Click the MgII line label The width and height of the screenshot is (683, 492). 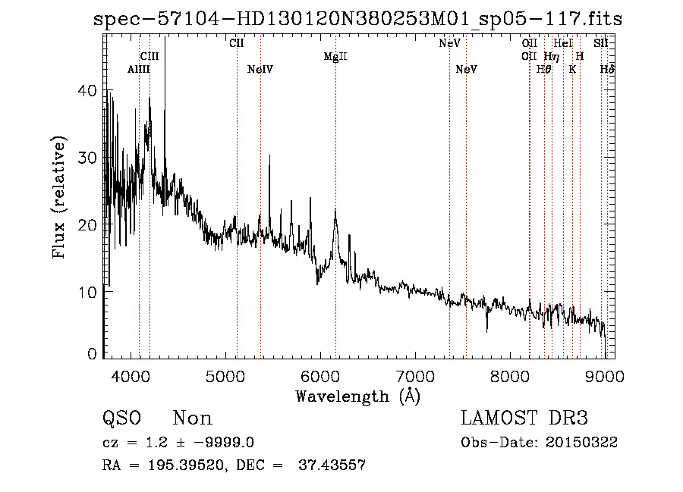click(335, 57)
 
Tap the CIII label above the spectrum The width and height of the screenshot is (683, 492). click(150, 57)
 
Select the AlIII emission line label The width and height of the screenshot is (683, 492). click(139, 70)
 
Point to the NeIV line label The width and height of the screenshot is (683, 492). click(260, 70)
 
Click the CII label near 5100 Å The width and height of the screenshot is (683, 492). click(237, 44)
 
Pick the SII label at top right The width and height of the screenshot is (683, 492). click(601, 44)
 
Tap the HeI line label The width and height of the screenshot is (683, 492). click(562, 44)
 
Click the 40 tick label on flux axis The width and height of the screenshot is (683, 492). click(88, 90)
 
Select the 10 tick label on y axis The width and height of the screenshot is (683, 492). click(88, 292)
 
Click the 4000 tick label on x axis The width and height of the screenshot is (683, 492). click(132, 374)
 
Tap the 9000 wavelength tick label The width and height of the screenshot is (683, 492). click(606, 374)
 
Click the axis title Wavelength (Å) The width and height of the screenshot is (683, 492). click(357, 396)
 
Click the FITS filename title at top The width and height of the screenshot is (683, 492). click(357, 19)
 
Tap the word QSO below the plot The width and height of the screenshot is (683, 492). click(122, 418)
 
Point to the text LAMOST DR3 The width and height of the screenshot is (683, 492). click(524, 418)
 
